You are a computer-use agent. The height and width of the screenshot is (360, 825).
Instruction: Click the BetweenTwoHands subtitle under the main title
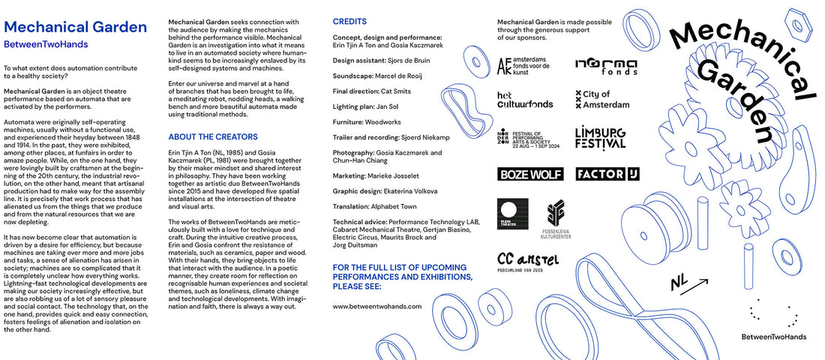pyautogui.click(x=46, y=44)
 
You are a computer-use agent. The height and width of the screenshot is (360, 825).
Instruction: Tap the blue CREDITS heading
pyautogui.click(x=349, y=22)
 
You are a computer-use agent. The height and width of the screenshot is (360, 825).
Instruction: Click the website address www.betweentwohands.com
pyautogui.click(x=376, y=307)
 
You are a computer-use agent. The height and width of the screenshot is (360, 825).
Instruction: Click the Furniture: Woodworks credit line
pyautogui.click(x=367, y=121)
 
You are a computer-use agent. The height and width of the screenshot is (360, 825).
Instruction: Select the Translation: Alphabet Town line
pyautogui.click(x=380, y=206)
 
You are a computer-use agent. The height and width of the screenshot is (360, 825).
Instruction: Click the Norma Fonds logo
pyautogui.click(x=606, y=66)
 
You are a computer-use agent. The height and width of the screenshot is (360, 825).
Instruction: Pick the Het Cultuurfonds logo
pyautogui.click(x=525, y=100)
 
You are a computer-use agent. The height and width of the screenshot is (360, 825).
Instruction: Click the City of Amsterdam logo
pyautogui.click(x=602, y=100)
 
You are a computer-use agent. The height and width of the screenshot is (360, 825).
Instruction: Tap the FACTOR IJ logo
pyautogui.click(x=607, y=174)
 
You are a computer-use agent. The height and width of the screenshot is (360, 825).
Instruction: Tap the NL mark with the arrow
pyautogui.click(x=688, y=283)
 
